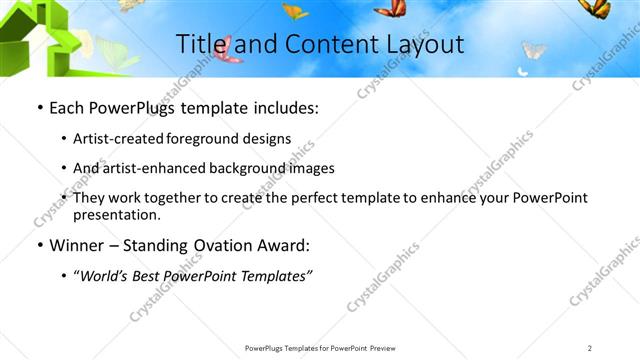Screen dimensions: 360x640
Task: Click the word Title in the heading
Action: (198, 44)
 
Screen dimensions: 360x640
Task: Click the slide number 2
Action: (589, 347)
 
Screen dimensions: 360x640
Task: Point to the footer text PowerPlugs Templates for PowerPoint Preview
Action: (320, 347)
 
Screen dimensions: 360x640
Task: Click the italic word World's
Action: (108, 275)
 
